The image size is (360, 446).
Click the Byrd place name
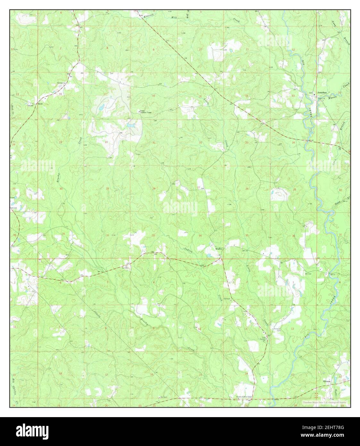(40, 104)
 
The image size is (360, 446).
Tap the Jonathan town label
(322, 93)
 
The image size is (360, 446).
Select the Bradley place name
(219, 248)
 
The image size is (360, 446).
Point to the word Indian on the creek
(188, 249)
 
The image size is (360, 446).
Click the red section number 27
(199, 187)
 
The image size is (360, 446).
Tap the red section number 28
(154, 189)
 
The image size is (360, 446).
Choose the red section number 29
(107, 188)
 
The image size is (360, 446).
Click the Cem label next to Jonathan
(310, 93)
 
